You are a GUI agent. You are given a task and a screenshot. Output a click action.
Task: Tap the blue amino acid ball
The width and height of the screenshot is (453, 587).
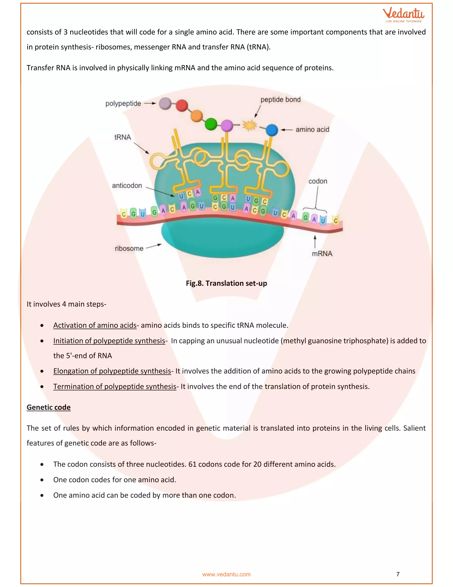click(x=272, y=130)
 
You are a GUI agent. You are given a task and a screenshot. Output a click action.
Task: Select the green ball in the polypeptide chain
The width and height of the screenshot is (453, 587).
click(x=211, y=124)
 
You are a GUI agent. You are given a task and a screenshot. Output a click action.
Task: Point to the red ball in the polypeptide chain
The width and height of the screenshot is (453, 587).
click(x=182, y=106)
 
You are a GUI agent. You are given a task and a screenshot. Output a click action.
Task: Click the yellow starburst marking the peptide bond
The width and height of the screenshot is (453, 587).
click(x=250, y=125)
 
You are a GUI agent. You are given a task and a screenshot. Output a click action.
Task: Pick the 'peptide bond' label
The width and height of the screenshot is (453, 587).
click(x=280, y=99)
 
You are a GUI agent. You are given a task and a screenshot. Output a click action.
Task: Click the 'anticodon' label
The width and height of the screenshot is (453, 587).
click(x=127, y=185)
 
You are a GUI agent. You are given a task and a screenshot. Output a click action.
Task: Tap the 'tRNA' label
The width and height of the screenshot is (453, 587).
click(x=123, y=137)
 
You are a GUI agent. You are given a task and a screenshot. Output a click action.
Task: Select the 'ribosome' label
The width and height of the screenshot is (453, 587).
click(x=129, y=248)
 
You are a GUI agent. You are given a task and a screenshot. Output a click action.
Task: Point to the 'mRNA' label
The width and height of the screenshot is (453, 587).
click(x=322, y=253)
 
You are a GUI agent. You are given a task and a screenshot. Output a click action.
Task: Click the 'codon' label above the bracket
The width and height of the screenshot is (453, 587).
click(x=318, y=181)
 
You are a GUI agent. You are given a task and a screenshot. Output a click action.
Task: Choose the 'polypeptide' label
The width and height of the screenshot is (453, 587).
click(x=123, y=103)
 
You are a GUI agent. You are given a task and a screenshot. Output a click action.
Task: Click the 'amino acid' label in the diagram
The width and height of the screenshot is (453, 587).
click(x=312, y=130)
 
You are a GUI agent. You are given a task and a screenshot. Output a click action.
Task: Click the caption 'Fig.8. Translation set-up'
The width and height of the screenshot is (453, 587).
click(x=226, y=283)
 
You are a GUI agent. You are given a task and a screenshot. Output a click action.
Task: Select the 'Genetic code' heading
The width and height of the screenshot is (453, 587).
click(x=49, y=407)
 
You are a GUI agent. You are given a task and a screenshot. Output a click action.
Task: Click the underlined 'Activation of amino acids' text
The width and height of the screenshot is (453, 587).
click(x=95, y=325)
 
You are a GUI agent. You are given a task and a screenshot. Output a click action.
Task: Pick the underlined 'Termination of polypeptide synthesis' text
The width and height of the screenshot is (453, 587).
click(x=115, y=387)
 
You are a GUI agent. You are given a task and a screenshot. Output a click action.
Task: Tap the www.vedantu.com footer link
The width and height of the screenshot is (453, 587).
click(x=226, y=574)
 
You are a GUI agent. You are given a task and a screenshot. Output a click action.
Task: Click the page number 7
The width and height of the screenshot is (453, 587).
click(x=398, y=574)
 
